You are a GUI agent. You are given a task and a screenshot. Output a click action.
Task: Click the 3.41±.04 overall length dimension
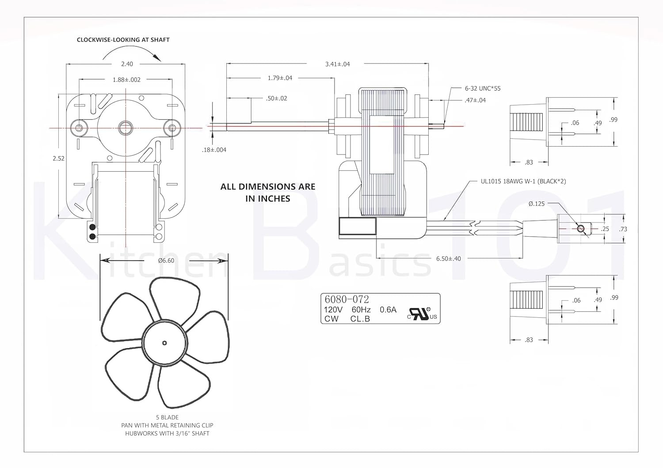pyautogui.click(x=337, y=64)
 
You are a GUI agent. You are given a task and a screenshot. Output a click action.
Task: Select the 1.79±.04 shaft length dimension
pyautogui.click(x=280, y=78)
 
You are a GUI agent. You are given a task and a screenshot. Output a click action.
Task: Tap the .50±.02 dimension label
pyautogui.click(x=277, y=98)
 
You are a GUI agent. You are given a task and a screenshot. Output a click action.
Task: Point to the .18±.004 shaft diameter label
pyautogui.click(x=214, y=150)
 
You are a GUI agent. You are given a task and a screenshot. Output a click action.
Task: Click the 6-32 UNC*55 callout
pyautogui.click(x=483, y=88)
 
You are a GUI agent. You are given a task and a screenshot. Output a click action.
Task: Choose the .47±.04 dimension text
pyautogui.click(x=475, y=100)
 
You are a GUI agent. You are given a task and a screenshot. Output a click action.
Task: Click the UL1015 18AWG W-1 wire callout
pyautogui.click(x=523, y=181)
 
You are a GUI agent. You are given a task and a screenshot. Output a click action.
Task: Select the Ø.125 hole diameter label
pyautogui.click(x=537, y=204)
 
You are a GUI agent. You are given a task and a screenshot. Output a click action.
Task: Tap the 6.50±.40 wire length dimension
pyautogui.click(x=448, y=259)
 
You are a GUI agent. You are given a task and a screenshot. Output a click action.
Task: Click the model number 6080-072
pyautogui.click(x=347, y=300)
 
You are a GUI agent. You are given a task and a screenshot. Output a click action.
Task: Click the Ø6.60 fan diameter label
pyautogui.click(x=166, y=260)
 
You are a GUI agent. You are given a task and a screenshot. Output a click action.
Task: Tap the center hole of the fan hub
pyautogui.click(x=164, y=343)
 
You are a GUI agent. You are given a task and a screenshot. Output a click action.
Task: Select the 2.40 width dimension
pyautogui.click(x=127, y=64)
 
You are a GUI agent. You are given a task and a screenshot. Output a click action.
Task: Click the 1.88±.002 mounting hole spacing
pyautogui.click(x=126, y=80)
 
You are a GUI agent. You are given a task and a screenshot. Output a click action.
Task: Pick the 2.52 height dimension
pyautogui.click(x=58, y=159)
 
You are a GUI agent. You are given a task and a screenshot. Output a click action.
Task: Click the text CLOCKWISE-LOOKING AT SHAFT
pyautogui.click(x=123, y=40)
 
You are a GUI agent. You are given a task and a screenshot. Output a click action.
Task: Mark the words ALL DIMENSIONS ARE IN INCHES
pyautogui.click(x=268, y=192)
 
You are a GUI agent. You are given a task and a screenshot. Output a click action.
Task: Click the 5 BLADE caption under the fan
pyautogui.click(x=167, y=417)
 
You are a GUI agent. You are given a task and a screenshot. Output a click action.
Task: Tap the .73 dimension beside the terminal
pyautogui.click(x=623, y=229)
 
